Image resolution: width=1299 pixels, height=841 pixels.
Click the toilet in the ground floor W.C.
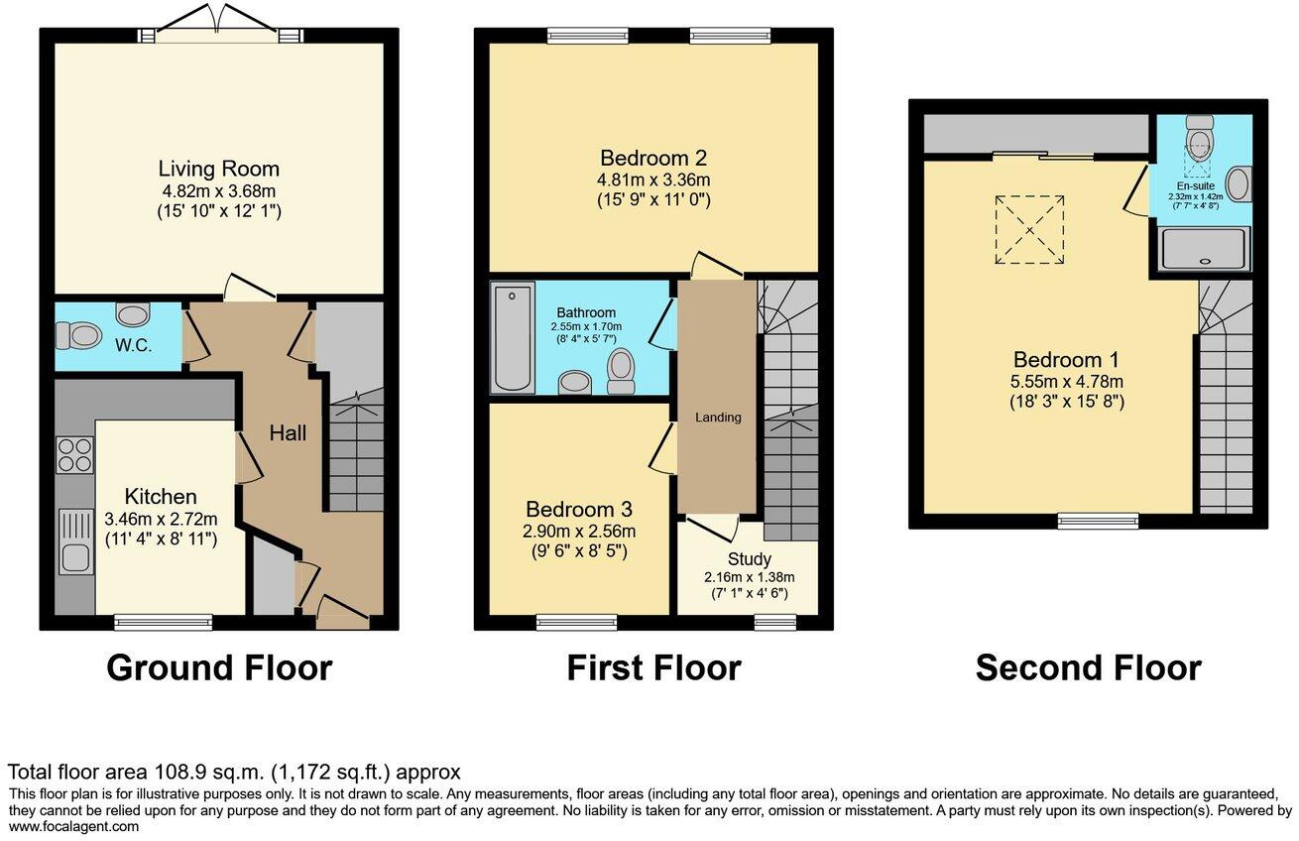(x=80, y=337)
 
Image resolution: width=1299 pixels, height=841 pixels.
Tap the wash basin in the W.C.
(x=132, y=314)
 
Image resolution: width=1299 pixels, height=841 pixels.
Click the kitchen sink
(x=75, y=541)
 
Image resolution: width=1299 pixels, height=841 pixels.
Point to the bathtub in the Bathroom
(x=512, y=337)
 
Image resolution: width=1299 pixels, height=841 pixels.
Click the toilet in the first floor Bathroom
(x=622, y=367)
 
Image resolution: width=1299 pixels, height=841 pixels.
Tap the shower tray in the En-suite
(x=1205, y=249)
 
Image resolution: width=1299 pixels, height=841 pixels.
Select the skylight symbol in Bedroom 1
(x=1029, y=229)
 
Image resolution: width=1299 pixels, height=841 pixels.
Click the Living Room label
(x=219, y=169)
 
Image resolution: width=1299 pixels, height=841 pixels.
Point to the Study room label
(x=749, y=559)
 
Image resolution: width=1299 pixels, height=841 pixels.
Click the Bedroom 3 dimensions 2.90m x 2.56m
(x=579, y=531)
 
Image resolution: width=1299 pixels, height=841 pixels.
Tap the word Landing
(x=717, y=418)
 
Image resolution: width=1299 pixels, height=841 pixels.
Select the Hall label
(x=289, y=433)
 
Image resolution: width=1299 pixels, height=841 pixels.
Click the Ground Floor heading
(x=218, y=667)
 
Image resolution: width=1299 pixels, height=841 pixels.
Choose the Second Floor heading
(x=1088, y=667)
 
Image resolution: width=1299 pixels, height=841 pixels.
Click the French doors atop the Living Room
(x=219, y=32)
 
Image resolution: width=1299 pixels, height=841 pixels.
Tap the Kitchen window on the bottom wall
(x=163, y=623)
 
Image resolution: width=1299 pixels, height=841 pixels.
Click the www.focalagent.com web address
(x=74, y=826)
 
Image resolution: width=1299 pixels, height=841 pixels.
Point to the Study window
(x=774, y=623)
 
